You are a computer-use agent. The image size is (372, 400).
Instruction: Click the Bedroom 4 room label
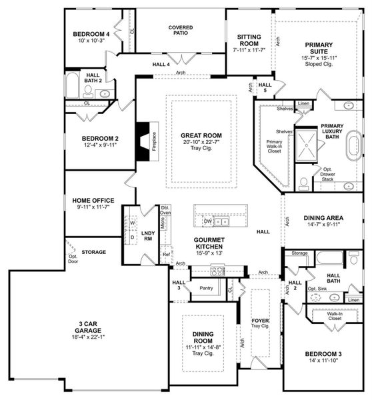pos(91,34)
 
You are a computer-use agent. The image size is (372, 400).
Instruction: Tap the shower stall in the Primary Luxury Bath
pos(307,141)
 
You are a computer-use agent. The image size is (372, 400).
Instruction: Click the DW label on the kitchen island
pos(208,220)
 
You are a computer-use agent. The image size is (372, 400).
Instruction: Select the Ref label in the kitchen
pos(166,254)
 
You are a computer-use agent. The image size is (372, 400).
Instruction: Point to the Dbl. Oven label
pos(165,211)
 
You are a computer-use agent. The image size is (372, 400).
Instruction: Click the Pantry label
pos(205,288)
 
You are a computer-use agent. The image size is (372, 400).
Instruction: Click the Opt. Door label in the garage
pos(73,258)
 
